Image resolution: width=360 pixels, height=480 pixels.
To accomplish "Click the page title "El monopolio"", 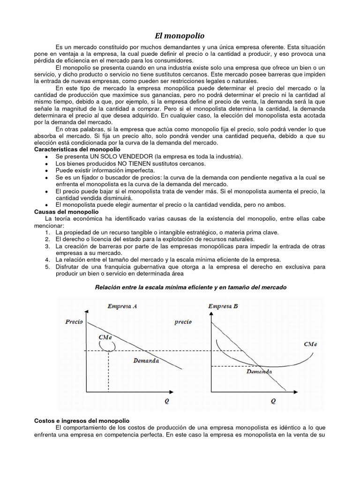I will click(x=180, y=36).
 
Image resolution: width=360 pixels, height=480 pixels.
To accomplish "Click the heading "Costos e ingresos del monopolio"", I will click(x=82, y=421).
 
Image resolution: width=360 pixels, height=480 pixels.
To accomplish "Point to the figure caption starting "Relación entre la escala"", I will click(x=190, y=286).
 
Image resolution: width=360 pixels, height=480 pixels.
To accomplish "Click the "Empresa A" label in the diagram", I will click(x=122, y=307).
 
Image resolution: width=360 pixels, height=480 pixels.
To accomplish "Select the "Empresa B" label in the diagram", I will click(x=223, y=307).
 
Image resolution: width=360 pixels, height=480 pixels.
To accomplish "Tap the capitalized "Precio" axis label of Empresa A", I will click(x=74, y=322).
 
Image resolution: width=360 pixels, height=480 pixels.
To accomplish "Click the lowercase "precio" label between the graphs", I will click(x=183, y=322).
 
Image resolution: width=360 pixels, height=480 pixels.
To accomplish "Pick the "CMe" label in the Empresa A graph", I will click(x=105, y=337).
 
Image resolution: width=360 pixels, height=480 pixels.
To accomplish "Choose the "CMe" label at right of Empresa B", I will click(x=310, y=344).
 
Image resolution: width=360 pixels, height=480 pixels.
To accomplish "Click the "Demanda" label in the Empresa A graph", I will click(x=146, y=361).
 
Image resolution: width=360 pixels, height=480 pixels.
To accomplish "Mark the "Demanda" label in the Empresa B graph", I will click(x=259, y=371).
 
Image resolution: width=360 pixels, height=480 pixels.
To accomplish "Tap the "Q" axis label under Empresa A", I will click(x=166, y=401).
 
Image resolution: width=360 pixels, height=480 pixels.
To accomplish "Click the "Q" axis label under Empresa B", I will click(x=273, y=401).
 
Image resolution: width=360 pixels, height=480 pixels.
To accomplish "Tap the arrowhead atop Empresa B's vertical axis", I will click(x=211, y=311).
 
